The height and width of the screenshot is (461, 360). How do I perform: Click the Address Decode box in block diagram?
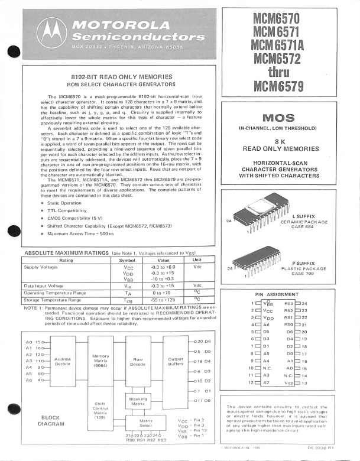[62, 363]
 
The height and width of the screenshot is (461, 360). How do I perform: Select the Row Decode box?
[138, 362]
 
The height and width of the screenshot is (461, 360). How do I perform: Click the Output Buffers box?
[176, 362]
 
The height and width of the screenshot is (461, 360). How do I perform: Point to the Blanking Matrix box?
[138, 401]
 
